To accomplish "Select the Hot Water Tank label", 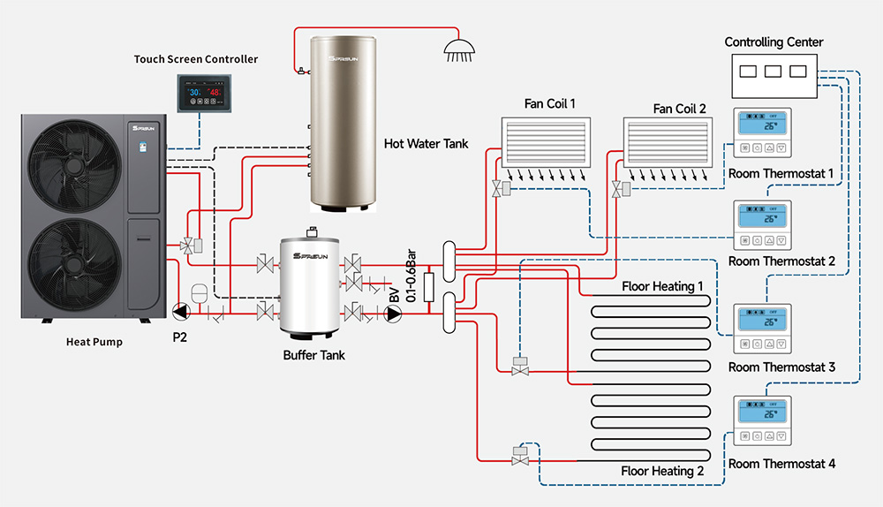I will tap(426, 143).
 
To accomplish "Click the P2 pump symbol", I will tap(180, 311).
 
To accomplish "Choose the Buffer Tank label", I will tap(313, 356).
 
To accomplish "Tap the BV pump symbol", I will tap(394, 312).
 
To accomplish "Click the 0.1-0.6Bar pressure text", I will tap(411, 276).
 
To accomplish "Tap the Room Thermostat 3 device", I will tap(764, 329).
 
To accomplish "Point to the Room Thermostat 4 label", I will tap(781, 463).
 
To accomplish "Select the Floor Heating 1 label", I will tap(663, 287).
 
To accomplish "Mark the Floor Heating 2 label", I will tap(663, 471).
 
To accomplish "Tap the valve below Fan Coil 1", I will tap(499, 188).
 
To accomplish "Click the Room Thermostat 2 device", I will tap(764, 225).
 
